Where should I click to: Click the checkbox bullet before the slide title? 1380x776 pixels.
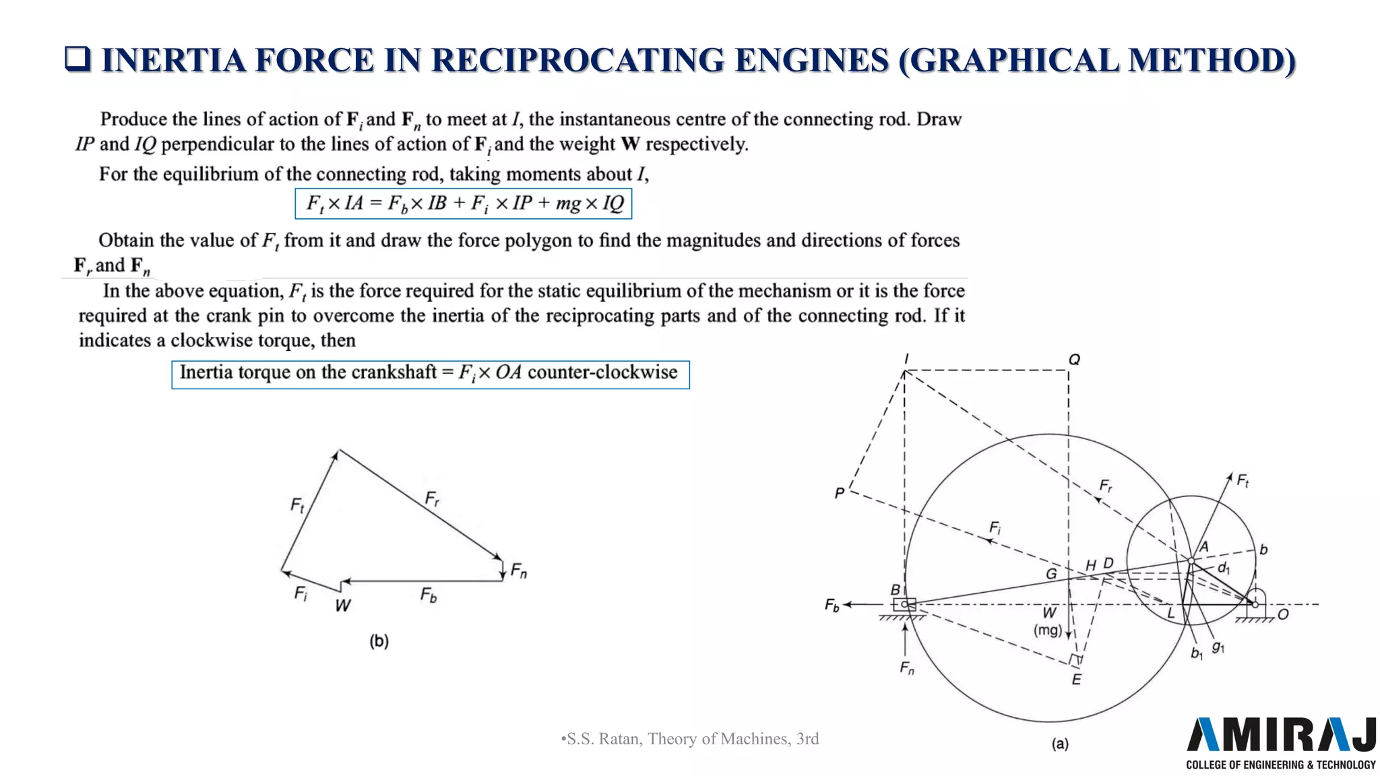tap(77, 59)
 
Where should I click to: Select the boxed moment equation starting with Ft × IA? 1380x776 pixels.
tap(463, 203)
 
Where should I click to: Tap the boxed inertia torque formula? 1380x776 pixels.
tap(430, 374)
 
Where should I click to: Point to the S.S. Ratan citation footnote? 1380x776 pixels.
tap(689, 739)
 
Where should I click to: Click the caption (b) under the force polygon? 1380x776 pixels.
tap(379, 641)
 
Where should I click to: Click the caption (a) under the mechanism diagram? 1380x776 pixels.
tap(1060, 744)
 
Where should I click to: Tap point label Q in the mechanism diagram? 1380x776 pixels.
tap(1074, 360)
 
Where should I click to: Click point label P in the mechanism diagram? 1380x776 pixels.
tap(840, 493)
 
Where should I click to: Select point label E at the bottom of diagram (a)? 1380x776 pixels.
tap(1076, 680)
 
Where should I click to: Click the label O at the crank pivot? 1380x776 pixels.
tap(1282, 614)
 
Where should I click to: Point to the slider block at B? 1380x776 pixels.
tap(904, 604)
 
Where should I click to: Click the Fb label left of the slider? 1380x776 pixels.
tap(832, 605)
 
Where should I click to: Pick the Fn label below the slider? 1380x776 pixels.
tap(907, 668)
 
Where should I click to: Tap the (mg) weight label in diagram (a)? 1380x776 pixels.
tap(1048, 630)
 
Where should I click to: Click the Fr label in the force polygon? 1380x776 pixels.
tap(432, 499)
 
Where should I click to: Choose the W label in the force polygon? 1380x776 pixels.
tap(342, 606)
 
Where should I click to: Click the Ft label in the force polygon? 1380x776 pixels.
tap(297, 505)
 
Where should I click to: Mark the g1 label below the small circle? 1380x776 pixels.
tap(1218, 647)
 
